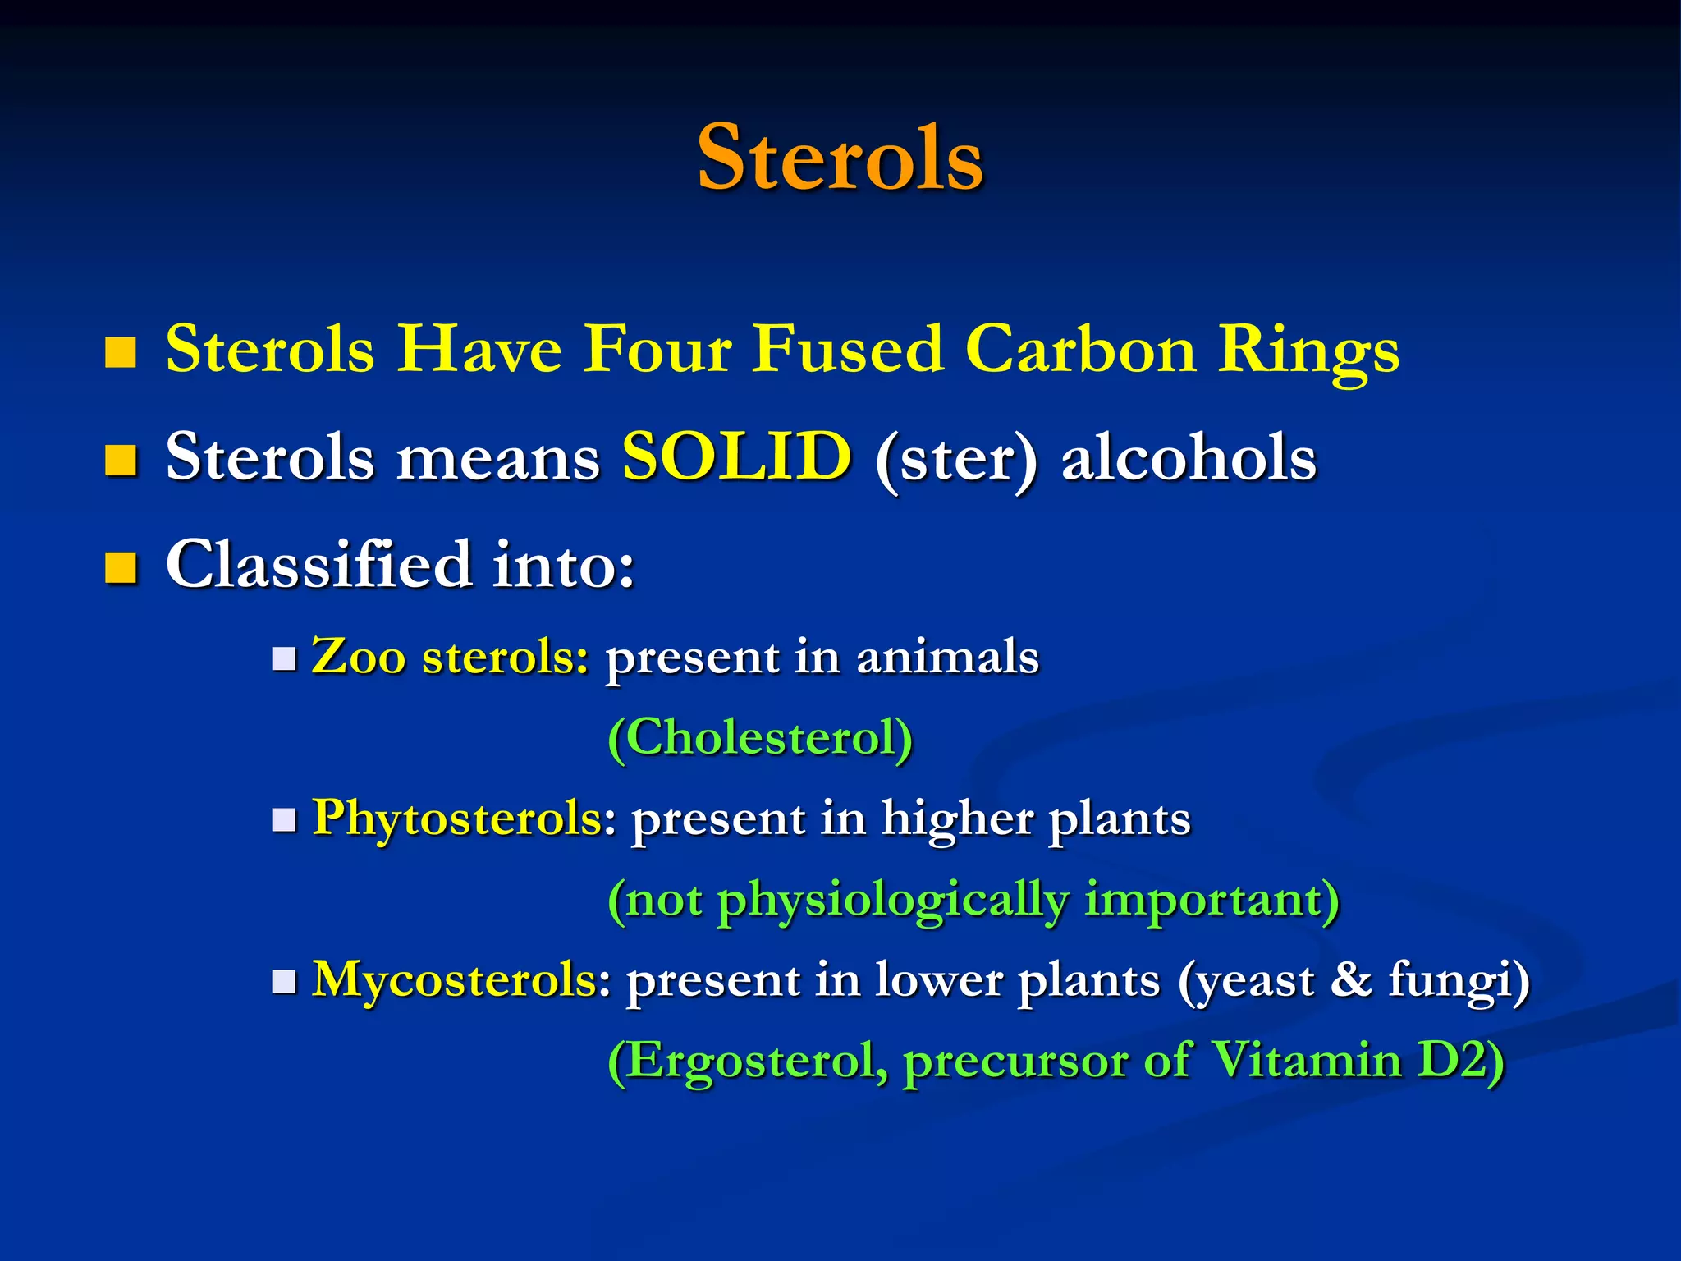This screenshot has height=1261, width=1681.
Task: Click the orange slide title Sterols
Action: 840,158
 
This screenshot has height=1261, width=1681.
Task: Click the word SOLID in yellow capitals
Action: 736,456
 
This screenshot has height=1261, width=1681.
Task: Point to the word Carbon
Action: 1079,350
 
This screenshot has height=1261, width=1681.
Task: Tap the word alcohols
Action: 1189,458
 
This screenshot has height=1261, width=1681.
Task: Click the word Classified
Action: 318,565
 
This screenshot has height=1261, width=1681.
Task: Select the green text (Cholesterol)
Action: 760,737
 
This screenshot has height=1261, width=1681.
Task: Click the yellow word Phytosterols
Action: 458,818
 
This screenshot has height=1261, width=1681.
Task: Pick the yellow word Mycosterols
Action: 455,979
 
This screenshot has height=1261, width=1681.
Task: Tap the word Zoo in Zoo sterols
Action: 359,657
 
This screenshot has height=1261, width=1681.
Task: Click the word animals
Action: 947,657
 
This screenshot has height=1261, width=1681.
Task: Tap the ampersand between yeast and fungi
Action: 1351,979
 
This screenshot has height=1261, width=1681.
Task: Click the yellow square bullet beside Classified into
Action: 121,567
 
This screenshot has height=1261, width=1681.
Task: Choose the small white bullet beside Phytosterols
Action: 284,820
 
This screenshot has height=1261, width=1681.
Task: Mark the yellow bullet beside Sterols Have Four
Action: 121,352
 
